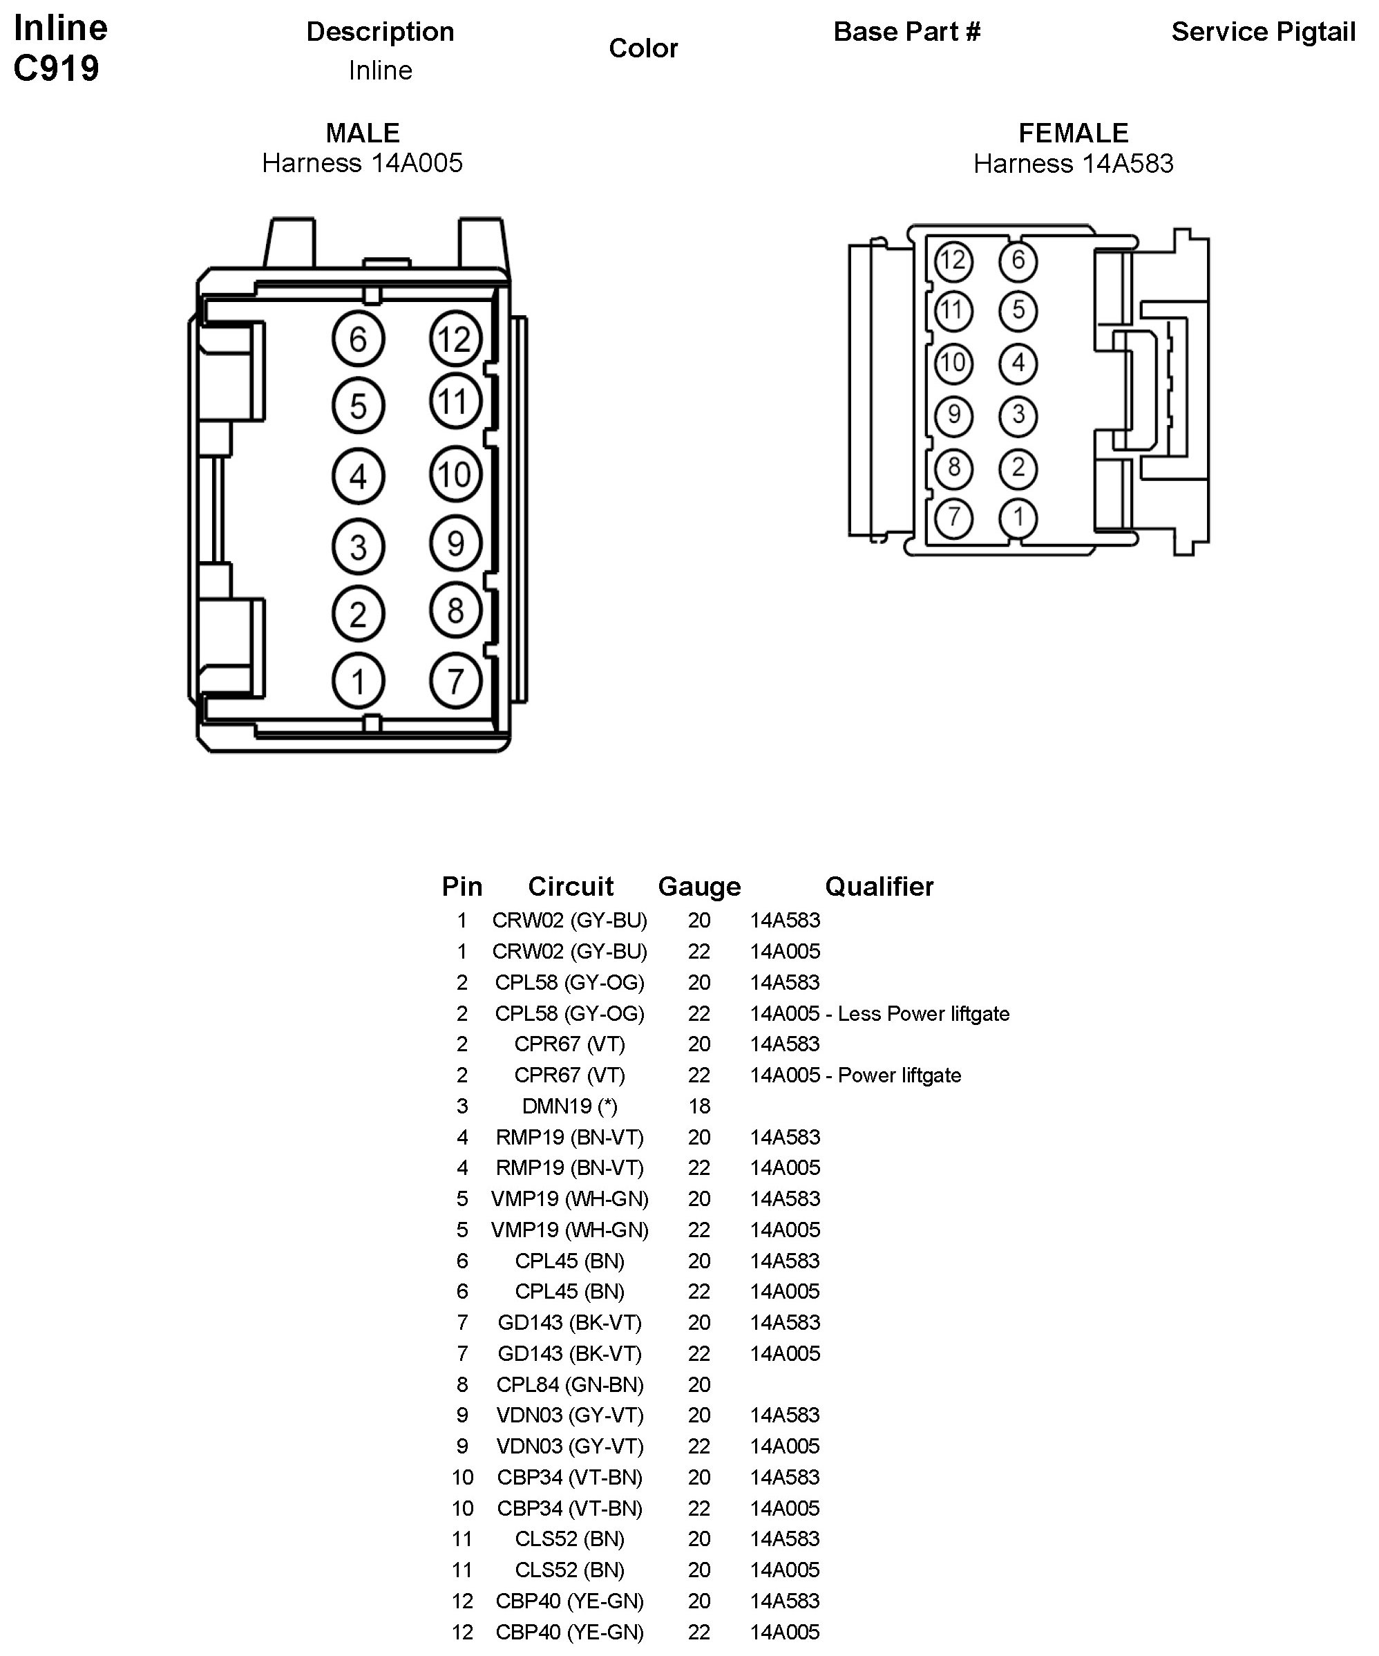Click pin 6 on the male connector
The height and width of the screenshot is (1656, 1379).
(358, 339)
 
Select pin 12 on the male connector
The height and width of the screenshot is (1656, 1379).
(455, 339)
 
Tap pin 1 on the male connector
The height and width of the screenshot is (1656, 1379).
(358, 681)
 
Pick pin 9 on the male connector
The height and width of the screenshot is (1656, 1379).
(455, 543)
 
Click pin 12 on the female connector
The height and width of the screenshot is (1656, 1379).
(953, 261)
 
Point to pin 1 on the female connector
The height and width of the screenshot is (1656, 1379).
(1018, 517)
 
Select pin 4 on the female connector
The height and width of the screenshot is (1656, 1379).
(1018, 363)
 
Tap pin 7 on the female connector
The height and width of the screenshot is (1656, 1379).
(953, 517)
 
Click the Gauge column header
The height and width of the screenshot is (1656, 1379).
(699, 886)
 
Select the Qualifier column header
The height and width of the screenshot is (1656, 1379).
(879, 886)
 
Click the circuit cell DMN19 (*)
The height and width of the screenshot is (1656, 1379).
(569, 1106)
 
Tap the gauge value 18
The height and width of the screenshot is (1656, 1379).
(699, 1106)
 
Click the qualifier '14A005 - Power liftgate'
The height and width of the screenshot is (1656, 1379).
(855, 1075)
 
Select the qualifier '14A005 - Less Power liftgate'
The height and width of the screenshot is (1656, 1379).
(879, 1013)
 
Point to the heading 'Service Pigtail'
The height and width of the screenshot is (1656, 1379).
(1263, 32)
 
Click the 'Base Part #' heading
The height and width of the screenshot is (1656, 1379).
(906, 32)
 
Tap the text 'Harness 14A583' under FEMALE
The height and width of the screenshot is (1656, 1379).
(1073, 163)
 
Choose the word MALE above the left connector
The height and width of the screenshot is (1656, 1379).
(363, 133)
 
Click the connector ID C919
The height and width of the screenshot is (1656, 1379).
(57, 68)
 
